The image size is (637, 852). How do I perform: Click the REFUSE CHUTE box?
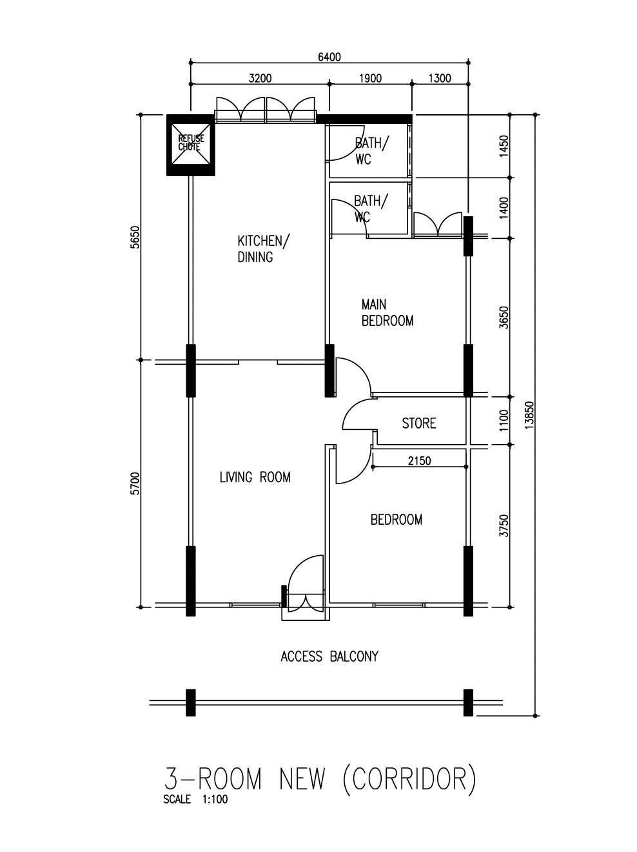click(190, 145)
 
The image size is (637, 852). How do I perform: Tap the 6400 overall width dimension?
click(329, 57)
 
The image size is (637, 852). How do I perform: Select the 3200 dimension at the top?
click(260, 78)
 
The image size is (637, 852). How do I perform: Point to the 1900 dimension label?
click(370, 78)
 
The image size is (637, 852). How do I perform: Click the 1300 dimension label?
click(440, 78)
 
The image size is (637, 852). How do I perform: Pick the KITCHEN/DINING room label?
click(263, 249)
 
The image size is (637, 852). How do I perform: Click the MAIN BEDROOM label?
click(387, 312)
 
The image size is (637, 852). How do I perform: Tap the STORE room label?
click(418, 423)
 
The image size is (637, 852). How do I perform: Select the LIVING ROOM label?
click(255, 477)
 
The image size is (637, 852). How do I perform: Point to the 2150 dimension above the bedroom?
click(420, 461)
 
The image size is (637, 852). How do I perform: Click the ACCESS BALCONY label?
click(329, 656)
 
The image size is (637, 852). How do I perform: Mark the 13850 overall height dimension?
click(529, 415)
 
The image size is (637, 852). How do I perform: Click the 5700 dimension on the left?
click(134, 483)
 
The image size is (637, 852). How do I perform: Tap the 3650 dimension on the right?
click(504, 318)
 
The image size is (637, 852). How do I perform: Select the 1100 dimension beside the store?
click(504, 420)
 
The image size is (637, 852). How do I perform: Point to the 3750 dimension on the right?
click(504, 526)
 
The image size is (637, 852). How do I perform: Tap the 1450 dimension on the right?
click(504, 146)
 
